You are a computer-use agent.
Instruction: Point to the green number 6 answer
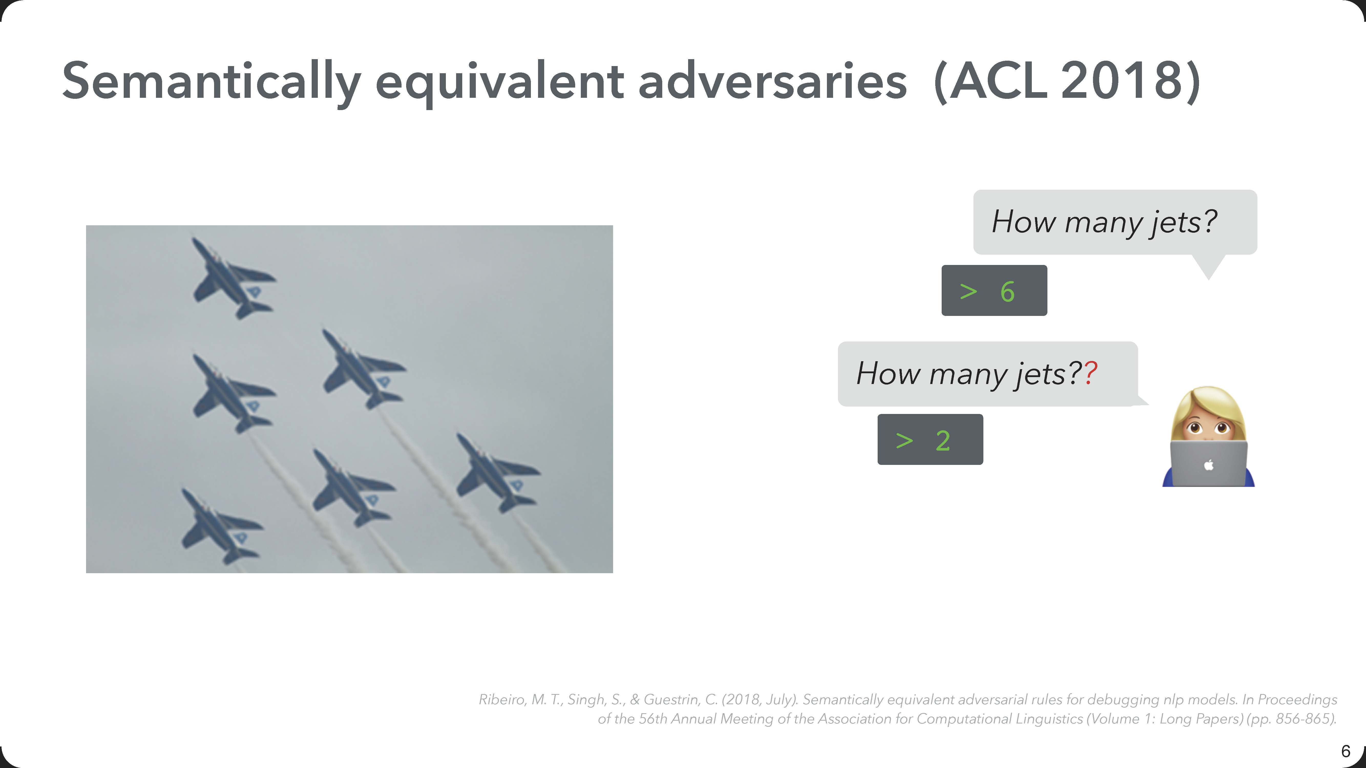(x=1007, y=292)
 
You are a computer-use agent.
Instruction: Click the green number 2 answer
(x=943, y=440)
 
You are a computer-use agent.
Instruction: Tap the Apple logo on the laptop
(x=1209, y=465)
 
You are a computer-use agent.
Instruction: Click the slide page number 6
(x=1345, y=751)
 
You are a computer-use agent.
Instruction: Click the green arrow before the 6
(x=968, y=292)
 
